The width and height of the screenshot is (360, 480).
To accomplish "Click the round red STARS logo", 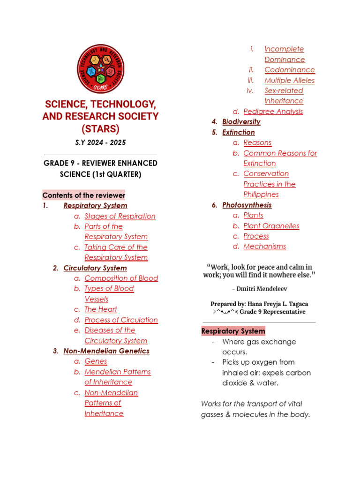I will (100, 69).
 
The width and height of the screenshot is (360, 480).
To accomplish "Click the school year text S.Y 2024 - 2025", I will (100, 142).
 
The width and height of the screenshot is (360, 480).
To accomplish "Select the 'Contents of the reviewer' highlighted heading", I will (84, 195).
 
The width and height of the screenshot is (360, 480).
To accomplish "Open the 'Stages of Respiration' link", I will (120, 216).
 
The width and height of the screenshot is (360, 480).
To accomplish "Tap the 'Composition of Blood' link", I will (121, 278).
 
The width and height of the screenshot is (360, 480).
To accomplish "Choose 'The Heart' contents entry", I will (101, 309).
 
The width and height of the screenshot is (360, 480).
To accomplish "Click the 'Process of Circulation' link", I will (121, 320).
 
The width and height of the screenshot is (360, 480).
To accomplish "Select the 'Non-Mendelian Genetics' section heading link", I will (106, 351).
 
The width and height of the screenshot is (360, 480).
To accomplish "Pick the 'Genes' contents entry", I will (96, 361).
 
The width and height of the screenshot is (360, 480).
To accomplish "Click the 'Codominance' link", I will (289, 70).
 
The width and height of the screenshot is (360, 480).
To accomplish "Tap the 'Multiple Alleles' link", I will (289, 80).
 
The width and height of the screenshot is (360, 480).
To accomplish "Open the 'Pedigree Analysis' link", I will (273, 111).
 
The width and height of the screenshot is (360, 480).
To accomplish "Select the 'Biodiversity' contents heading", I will (241, 121).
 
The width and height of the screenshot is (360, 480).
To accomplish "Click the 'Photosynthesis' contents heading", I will (247, 205).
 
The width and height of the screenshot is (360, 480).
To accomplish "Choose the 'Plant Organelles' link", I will (271, 225).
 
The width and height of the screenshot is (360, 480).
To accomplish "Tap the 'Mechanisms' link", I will (264, 246).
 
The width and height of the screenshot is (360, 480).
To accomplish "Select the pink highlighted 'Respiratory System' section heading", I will (233, 331).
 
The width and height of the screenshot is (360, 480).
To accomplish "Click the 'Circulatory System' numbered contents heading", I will (95, 268).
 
